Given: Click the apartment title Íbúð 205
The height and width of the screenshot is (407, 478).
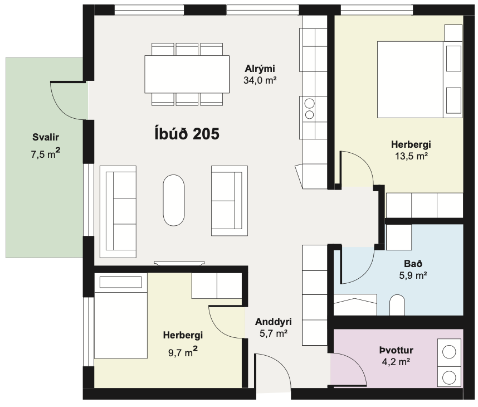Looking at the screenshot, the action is [187, 134].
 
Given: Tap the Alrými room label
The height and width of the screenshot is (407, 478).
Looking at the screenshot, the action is [260, 69].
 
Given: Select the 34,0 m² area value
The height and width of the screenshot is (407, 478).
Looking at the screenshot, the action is [260, 80].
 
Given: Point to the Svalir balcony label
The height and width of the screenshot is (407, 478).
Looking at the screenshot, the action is [46, 137].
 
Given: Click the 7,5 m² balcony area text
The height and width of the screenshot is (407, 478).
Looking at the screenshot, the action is [46, 153].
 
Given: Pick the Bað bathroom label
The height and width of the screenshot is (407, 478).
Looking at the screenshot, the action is [413, 264].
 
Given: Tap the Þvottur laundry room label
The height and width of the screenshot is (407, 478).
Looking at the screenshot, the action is [396, 350].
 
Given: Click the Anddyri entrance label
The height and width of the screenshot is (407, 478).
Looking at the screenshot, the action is [273, 322].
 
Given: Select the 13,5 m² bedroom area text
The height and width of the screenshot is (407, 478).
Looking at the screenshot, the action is [411, 156].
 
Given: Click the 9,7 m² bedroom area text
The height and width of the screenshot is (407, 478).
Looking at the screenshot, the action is [183, 352].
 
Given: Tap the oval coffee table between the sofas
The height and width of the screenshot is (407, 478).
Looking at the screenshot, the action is [174, 200].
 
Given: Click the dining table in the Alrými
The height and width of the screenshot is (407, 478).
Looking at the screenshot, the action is [187, 74].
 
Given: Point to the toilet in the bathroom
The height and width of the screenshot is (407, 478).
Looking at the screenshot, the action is [397, 305].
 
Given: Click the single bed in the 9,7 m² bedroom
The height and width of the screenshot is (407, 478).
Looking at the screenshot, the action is [121, 316].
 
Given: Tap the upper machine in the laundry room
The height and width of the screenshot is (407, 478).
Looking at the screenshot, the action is [449, 352].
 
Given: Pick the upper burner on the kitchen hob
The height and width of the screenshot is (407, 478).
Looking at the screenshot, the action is [309, 104].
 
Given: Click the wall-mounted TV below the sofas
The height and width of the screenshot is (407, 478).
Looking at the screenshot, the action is [179, 263].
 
